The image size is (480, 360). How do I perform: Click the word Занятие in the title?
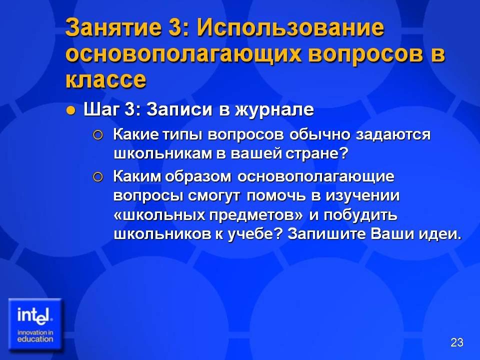[113, 27]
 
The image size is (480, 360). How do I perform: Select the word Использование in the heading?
[290, 27]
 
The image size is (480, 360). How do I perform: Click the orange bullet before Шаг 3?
[70, 110]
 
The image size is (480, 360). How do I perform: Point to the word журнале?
[274, 109]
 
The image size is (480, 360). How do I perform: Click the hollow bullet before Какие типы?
[97, 135]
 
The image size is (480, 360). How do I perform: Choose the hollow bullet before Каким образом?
[97, 177]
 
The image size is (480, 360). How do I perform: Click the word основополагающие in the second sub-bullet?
[316, 177]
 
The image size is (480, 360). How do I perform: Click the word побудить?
[360, 215]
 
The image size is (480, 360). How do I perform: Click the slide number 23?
[456, 342]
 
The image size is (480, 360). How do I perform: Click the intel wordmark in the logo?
[35, 315]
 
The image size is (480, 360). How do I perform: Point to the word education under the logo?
[35, 339]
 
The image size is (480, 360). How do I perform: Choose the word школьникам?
[162, 153]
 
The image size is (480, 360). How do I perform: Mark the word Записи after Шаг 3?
[179, 109]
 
